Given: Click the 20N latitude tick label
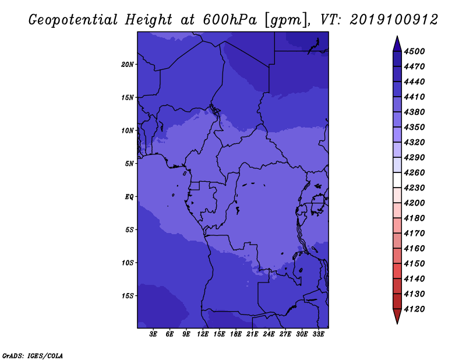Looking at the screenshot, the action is (127, 65).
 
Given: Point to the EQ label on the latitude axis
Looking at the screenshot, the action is (129, 197).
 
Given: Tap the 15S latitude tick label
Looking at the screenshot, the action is (127, 296).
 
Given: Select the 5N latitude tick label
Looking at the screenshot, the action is (129, 164).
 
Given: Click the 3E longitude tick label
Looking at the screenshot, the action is (153, 334).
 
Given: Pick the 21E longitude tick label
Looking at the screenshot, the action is (252, 334).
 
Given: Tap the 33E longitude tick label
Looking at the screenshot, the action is (318, 334).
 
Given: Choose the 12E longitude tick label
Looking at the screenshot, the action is (203, 334).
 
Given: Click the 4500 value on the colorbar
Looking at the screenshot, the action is (414, 51).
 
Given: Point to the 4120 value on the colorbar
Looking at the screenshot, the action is (414, 309).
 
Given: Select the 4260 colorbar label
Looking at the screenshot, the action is (414, 172).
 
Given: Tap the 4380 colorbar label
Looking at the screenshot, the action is (414, 112).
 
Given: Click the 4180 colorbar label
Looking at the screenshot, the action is (414, 218).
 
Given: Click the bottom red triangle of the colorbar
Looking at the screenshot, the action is (397, 315).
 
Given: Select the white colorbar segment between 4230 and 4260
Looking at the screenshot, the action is (397, 180).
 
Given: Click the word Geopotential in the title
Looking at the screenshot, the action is (73, 20).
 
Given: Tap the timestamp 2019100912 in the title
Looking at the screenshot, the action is (394, 20).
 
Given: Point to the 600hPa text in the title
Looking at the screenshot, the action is (230, 20).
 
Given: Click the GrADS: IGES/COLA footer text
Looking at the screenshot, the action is (33, 356).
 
